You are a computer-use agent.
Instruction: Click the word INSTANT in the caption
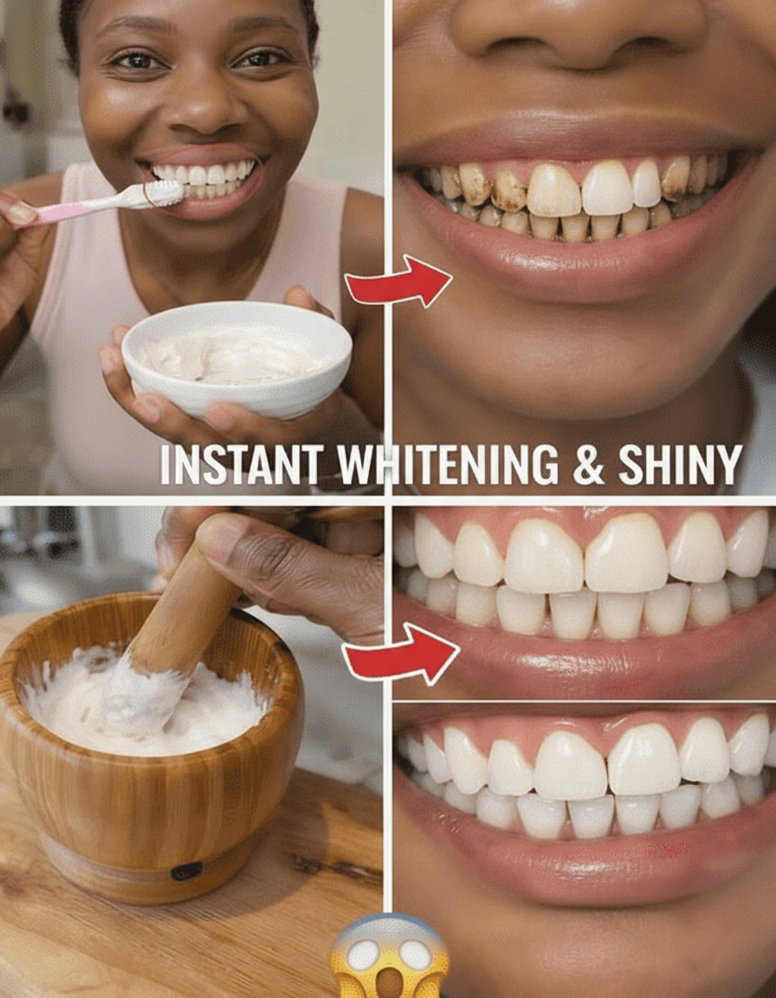(x=242, y=464)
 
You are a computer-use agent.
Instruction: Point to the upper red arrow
(x=398, y=282)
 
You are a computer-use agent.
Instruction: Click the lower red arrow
(x=401, y=654)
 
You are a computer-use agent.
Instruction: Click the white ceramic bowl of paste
(x=236, y=358)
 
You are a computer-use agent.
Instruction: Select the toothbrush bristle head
(x=164, y=193)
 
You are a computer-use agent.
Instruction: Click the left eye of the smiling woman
(x=137, y=62)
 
